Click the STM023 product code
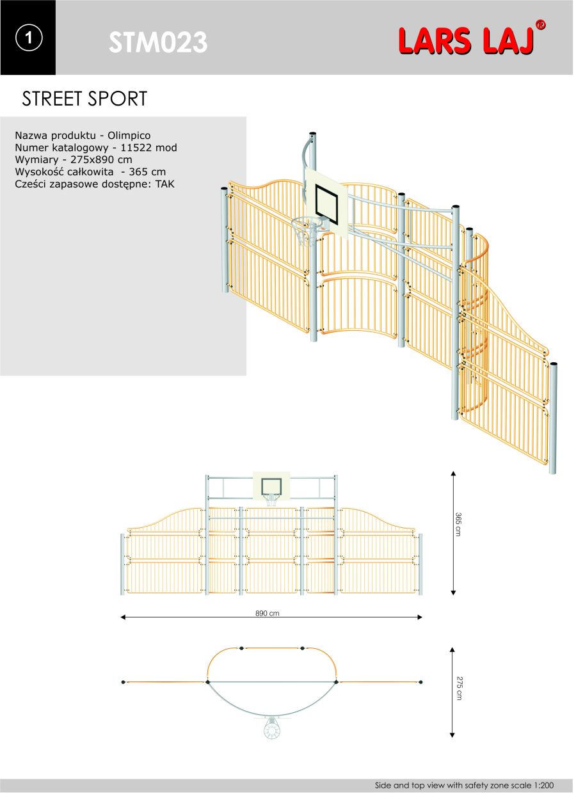(x=158, y=42)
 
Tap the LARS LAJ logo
(x=467, y=42)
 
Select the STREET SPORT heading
(x=84, y=99)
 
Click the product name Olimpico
(x=129, y=136)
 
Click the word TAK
(x=165, y=184)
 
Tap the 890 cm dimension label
(x=268, y=614)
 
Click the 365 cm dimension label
(x=458, y=525)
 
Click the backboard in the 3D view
(x=326, y=204)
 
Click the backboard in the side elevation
(x=271, y=486)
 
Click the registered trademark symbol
(x=540, y=25)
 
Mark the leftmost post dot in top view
(x=124, y=683)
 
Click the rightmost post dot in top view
(x=420, y=683)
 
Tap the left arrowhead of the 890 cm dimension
(x=123, y=617)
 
